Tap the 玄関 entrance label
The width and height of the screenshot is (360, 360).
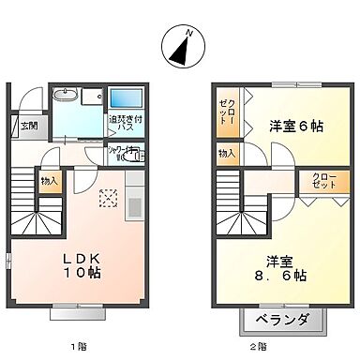pyautogui.click(x=29, y=125)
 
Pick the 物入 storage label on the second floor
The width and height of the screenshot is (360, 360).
pyautogui.click(x=226, y=153)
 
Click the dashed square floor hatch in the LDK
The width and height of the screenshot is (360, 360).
pyautogui.click(x=106, y=198)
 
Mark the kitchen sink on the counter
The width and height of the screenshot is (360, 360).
pyautogui.click(x=132, y=207)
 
